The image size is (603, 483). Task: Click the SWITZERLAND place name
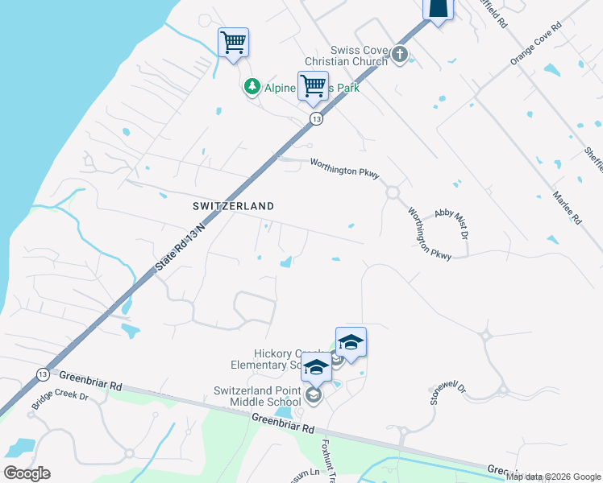click(233, 206)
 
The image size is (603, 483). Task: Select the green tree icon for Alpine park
click(252, 86)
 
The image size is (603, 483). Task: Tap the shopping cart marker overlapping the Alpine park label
click(313, 85)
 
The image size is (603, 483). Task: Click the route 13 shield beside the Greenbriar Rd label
click(42, 374)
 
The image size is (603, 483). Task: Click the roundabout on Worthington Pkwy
click(393, 192)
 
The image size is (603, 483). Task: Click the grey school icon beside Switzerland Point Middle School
click(314, 394)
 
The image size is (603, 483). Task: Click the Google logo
click(27, 473)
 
